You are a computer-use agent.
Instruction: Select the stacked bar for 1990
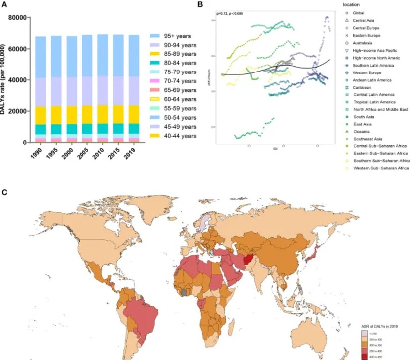pyautogui.click(x=41, y=89)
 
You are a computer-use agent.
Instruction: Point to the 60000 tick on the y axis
pyautogui.click(x=16, y=49)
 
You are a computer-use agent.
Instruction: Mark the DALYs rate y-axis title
pyautogui.click(x=4, y=79)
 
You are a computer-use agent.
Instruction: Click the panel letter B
pyautogui.click(x=200, y=4)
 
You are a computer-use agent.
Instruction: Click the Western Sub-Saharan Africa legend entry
pyautogui.click(x=380, y=169)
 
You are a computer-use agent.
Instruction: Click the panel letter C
pyautogui.click(x=4, y=191)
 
